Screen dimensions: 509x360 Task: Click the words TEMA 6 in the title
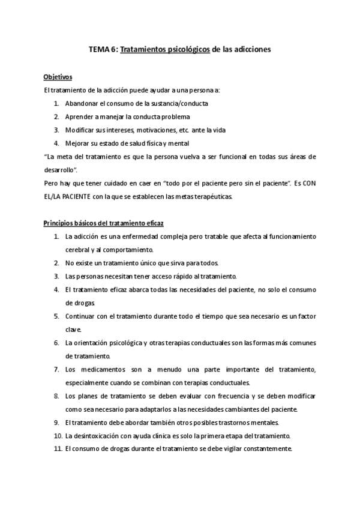(103, 50)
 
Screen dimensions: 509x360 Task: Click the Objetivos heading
(58, 77)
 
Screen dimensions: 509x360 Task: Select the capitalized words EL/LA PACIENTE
(68, 196)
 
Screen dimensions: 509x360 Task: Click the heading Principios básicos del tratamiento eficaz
(100, 223)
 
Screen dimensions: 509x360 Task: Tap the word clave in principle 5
(73, 330)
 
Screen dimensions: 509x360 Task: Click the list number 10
(58, 435)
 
